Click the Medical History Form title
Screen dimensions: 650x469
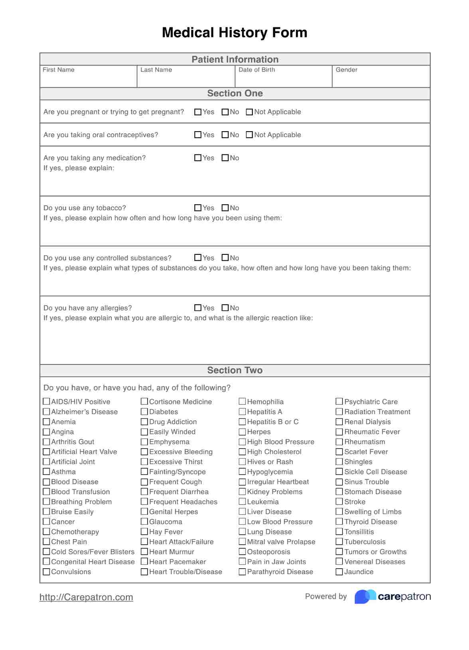235,33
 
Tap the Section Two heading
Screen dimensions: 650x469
235,370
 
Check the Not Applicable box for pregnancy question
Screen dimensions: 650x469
249,112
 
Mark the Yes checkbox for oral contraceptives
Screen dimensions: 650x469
198,135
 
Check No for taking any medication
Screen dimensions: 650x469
225,158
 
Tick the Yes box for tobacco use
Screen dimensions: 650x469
198,208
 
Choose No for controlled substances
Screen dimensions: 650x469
225,258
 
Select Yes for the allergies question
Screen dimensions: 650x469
198,308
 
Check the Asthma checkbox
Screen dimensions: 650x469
47,472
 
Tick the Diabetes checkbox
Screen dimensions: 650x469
144,412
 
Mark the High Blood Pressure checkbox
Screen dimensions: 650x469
242,442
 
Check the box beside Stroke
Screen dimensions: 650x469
339,502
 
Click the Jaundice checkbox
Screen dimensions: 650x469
339,572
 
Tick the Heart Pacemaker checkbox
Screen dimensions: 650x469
144,562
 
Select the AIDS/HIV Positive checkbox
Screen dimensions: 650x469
47,402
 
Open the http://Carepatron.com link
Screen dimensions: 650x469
86,597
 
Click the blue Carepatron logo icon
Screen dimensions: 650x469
365,597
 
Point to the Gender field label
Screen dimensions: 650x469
346,70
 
